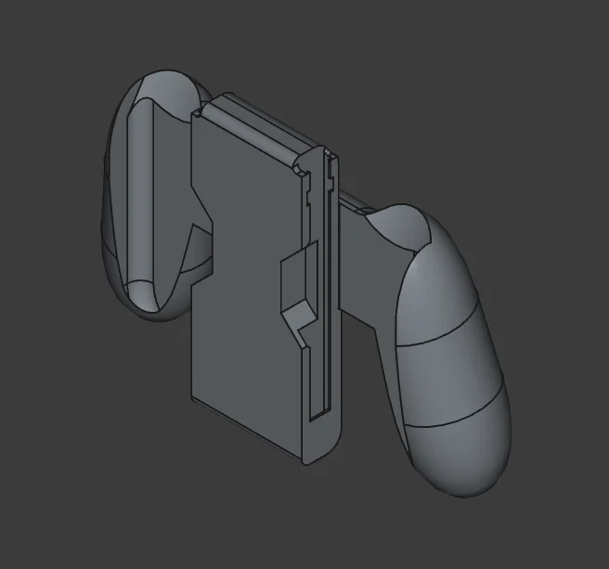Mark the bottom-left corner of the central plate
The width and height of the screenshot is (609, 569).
click(x=193, y=400)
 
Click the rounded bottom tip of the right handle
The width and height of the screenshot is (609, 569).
click(x=473, y=483)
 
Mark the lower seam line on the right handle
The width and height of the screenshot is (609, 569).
click(x=455, y=422)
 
